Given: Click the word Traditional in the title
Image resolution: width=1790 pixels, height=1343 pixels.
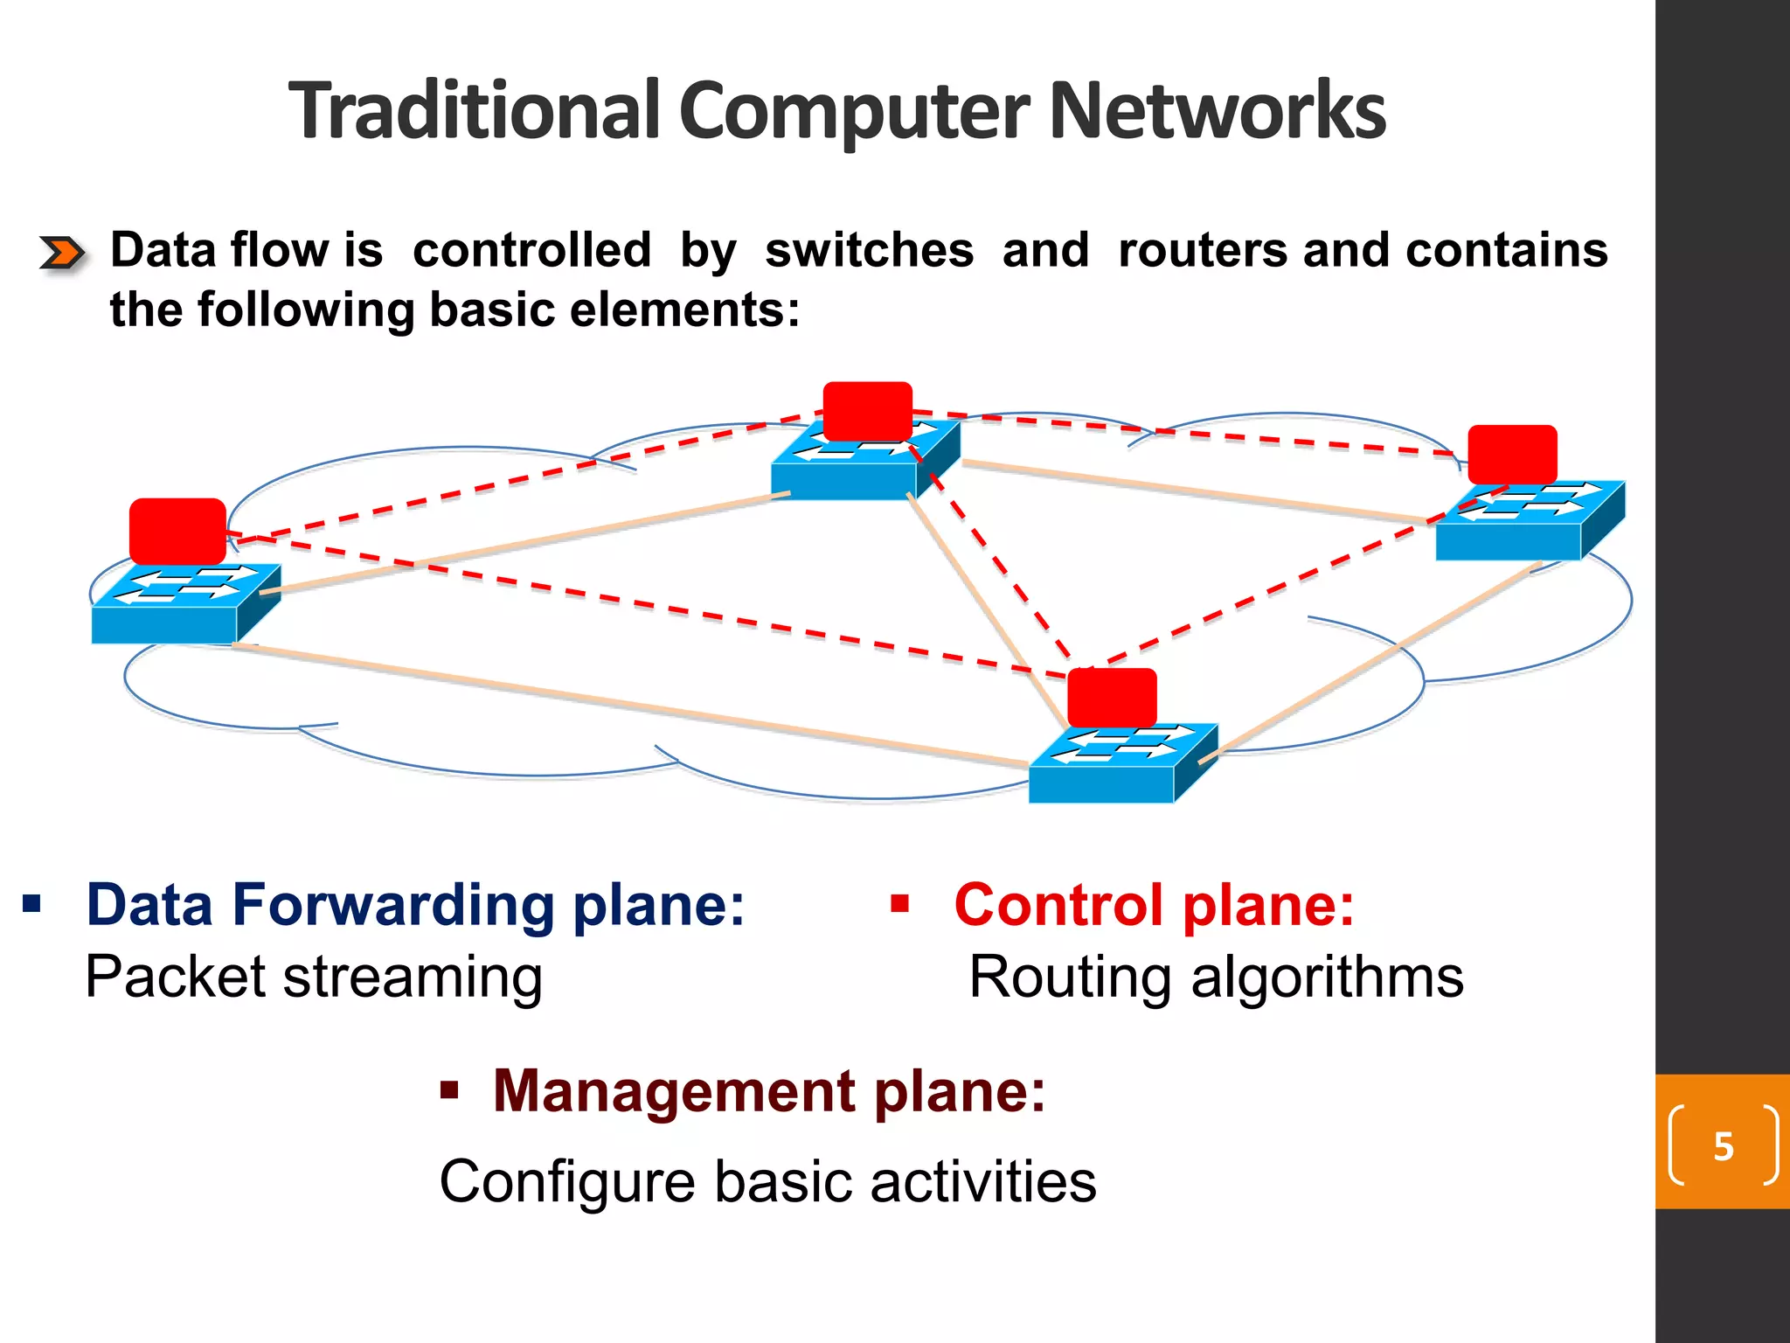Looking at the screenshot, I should point(473,111).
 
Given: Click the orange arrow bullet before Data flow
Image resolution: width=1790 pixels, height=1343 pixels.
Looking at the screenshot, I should point(62,254).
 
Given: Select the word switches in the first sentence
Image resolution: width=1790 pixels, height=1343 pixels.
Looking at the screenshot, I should point(869,251).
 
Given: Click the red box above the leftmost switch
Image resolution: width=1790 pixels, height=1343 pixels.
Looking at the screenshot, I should point(177,531).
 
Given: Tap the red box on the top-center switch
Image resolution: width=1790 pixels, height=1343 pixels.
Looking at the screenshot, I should point(867,411).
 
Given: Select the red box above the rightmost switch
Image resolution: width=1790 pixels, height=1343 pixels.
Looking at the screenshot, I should point(1512,455).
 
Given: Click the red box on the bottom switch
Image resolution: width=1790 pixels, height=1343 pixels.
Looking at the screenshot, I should point(1112,697).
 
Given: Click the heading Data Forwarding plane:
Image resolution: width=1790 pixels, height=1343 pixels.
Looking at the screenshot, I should point(415,904).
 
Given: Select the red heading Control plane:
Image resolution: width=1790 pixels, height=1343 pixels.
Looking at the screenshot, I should point(1154,904).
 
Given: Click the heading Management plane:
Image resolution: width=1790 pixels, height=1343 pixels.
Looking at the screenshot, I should point(768,1091).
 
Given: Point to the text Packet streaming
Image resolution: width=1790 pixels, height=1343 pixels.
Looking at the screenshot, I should point(314,977).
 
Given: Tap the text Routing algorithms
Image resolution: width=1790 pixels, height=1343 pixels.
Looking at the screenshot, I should point(1216,977).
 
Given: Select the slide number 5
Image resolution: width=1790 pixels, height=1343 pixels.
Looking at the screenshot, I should point(1723,1146).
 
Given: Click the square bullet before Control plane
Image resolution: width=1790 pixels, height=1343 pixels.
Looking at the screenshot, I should point(899,902).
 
